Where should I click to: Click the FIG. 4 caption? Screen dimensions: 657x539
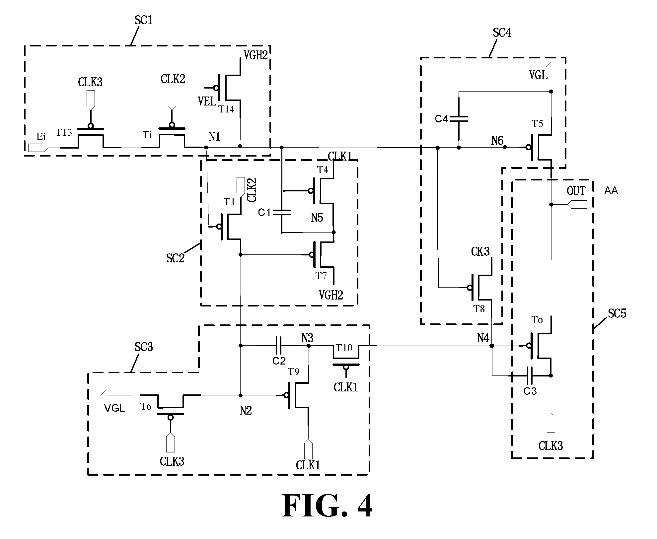[328, 506]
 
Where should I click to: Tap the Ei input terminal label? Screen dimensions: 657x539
[41, 137]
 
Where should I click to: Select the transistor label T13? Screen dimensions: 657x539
[64, 133]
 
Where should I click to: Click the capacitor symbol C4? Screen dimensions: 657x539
[459, 119]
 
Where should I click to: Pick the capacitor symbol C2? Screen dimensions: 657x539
[279, 346]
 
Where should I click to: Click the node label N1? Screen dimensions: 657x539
[215, 137]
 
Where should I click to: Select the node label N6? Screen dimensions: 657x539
[497, 141]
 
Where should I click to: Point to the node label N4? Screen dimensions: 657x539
[483, 338]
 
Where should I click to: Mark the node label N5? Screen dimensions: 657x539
[317, 218]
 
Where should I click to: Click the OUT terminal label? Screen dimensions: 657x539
[576, 191]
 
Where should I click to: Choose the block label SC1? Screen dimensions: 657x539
[144, 21]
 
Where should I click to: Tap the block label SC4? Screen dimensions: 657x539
[502, 33]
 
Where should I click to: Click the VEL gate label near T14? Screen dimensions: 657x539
[207, 101]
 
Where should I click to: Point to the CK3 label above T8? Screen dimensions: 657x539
[480, 252]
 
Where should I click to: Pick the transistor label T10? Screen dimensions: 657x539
[344, 348]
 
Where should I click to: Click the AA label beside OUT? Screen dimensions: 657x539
[611, 191]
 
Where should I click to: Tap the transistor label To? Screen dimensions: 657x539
[537, 320]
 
